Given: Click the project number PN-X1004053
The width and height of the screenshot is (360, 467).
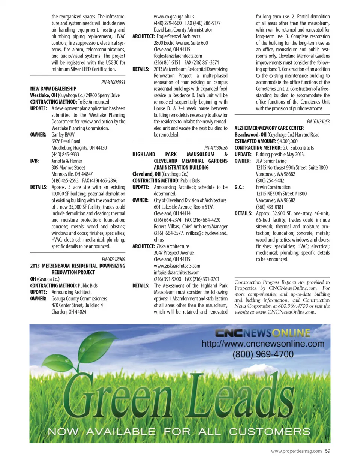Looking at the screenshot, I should pyautogui.click(x=113, y=82).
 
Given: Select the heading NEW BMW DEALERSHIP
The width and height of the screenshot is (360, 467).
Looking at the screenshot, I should pyautogui.click(x=53, y=89).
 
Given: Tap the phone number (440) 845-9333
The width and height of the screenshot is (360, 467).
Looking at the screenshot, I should pyautogui.click(x=65, y=154).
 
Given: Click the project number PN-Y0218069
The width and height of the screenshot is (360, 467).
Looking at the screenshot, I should pyautogui.click(x=113, y=259).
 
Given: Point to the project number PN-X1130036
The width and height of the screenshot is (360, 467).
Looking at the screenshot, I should pyautogui.click(x=216, y=148).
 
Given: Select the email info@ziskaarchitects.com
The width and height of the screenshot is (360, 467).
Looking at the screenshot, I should pyautogui.click(x=176, y=272).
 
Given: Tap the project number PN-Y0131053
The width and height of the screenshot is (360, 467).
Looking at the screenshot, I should pyautogui.click(x=318, y=122).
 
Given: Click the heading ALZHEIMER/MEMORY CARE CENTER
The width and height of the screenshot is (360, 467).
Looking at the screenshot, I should pyautogui.click(x=269, y=128).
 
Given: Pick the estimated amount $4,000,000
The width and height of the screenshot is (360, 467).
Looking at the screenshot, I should pyautogui.click(x=287, y=141).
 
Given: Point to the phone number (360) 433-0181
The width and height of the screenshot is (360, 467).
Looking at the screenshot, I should pyautogui.click(x=270, y=207).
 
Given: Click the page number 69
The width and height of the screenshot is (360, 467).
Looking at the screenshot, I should pyautogui.click(x=327, y=451).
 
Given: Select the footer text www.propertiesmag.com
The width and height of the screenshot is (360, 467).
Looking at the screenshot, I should pyautogui.click(x=296, y=451).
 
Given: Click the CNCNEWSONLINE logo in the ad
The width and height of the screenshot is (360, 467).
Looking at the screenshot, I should pyautogui.click(x=262, y=333).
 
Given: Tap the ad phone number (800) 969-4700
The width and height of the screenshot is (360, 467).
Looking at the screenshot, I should pyautogui.click(x=263, y=354).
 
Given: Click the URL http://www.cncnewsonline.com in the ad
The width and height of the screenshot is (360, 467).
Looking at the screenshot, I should pyautogui.click(x=263, y=344).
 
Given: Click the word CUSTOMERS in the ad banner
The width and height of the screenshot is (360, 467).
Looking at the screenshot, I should pyautogui.click(x=270, y=431).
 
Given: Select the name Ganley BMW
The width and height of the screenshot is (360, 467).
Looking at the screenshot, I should pyautogui.click(x=63, y=135).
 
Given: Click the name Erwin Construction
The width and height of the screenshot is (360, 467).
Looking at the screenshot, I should pyautogui.click(x=273, y=187).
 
